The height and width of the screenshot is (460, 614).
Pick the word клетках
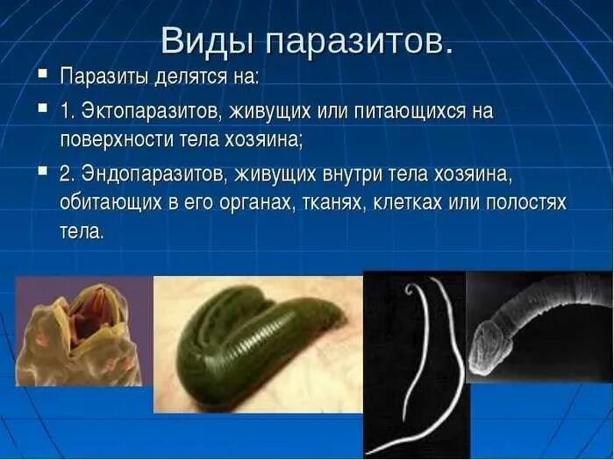point(411,203)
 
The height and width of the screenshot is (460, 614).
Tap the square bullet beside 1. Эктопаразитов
point(42,110)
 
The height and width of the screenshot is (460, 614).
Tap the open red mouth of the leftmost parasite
point(89,315)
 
